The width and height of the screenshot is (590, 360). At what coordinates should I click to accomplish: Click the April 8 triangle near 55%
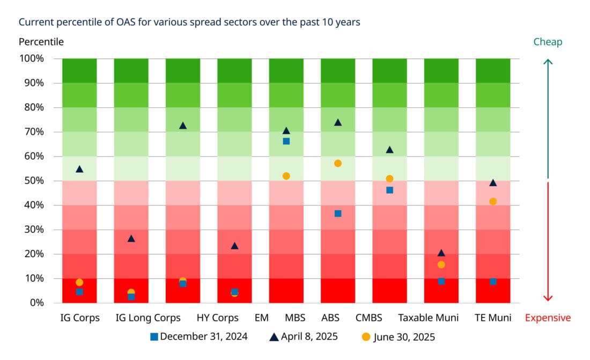[x=79, y=169]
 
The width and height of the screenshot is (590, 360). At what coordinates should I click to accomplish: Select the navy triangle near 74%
[x=338, y=122]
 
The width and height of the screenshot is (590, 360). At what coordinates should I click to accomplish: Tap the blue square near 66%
[x=286, y=141]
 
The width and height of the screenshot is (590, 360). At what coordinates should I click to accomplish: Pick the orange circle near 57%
[x=338, y=163]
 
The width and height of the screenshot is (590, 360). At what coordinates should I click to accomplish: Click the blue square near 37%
[x=338, y=214]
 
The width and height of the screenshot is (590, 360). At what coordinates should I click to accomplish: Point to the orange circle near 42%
[x=493, y=201]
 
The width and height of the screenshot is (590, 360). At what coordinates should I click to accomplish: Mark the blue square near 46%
[x=389, y=190]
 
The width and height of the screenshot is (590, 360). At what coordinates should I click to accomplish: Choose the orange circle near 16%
[x=441, y=265]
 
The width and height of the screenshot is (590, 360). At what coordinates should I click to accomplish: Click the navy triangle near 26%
[x=131, y=238]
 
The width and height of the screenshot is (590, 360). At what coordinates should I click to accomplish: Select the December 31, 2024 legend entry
[x=198, y=337]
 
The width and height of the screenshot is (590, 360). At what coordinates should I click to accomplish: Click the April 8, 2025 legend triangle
[x=274, y=337]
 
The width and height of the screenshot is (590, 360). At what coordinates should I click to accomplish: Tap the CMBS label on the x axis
[x=368, y=318]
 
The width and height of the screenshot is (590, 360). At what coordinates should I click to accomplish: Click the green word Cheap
[x=548, y=42]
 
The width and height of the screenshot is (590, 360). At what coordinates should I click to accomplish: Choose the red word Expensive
[x=548, y=318]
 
